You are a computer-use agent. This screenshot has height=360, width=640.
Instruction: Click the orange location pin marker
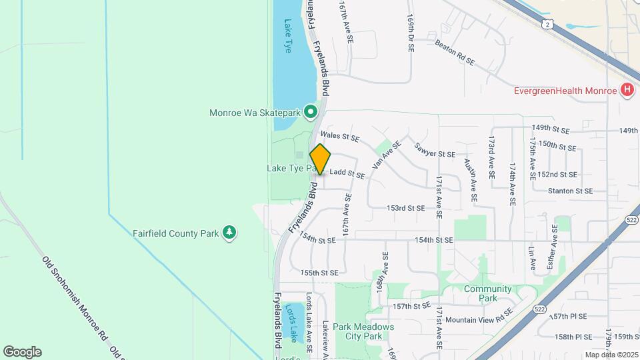[321, 159]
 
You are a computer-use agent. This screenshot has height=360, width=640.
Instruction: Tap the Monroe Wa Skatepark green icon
[310, 113]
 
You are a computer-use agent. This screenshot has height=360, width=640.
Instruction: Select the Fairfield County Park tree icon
[230, 233]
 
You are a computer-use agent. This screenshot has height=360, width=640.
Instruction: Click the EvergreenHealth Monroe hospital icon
[626, 90]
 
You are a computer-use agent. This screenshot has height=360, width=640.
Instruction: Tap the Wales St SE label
[339, 137]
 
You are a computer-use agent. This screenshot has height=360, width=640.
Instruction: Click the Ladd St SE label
[347, 173]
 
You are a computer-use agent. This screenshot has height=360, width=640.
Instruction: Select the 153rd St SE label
[405, 208]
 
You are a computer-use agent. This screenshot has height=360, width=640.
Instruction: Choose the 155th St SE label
[319, 273]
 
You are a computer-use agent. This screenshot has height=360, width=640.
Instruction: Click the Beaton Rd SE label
[454, 53]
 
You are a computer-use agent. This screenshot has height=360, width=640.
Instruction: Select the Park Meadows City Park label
[363, 331]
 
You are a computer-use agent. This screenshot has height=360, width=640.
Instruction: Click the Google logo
[22, 352]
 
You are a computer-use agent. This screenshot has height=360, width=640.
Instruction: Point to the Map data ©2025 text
[612, 355]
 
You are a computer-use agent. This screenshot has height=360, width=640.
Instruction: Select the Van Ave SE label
[387, 154]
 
